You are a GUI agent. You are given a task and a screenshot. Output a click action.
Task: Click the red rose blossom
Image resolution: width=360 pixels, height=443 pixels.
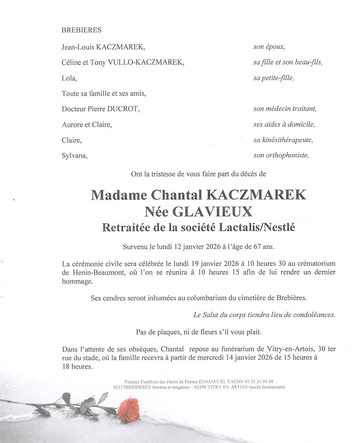[x=128, y=409]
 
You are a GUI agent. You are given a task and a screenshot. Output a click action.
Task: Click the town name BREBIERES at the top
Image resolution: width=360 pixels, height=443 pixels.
[x=81, y=30]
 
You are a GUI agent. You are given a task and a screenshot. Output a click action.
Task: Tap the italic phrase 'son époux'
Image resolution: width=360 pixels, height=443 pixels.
[x=269, y=47]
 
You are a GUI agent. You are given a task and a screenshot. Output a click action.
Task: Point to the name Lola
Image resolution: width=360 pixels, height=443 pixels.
[x=69, y=78]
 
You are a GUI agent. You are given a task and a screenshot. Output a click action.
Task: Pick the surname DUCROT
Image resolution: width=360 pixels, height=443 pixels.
[x=123, y=109]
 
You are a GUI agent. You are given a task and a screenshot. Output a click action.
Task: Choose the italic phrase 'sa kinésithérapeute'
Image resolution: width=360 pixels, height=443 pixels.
[x=283, y=140]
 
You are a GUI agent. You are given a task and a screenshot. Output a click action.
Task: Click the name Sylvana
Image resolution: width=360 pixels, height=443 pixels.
[x=74, y=156]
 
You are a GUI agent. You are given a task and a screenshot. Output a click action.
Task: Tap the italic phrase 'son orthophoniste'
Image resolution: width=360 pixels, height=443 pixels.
[x=281, y=155]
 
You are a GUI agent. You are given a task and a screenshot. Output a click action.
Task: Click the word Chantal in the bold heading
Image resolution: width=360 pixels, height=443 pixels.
[x=177, y=195]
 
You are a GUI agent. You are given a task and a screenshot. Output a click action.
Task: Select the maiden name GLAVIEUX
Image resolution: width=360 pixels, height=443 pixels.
[x=212, y=211]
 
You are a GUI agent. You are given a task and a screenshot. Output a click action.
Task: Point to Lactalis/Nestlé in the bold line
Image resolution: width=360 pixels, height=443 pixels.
[x=256, y=228]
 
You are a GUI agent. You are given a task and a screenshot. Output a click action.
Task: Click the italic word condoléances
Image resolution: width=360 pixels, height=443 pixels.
[x=314, y=315]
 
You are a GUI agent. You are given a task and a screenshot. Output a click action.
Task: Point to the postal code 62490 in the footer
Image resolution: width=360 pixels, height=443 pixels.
[x=201, y=387]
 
